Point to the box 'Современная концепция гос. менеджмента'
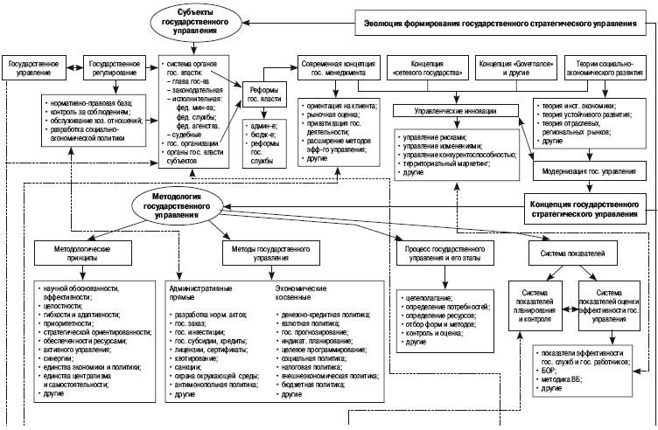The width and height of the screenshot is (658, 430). [333, 71]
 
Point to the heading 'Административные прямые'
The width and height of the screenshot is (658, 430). [202, 291]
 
